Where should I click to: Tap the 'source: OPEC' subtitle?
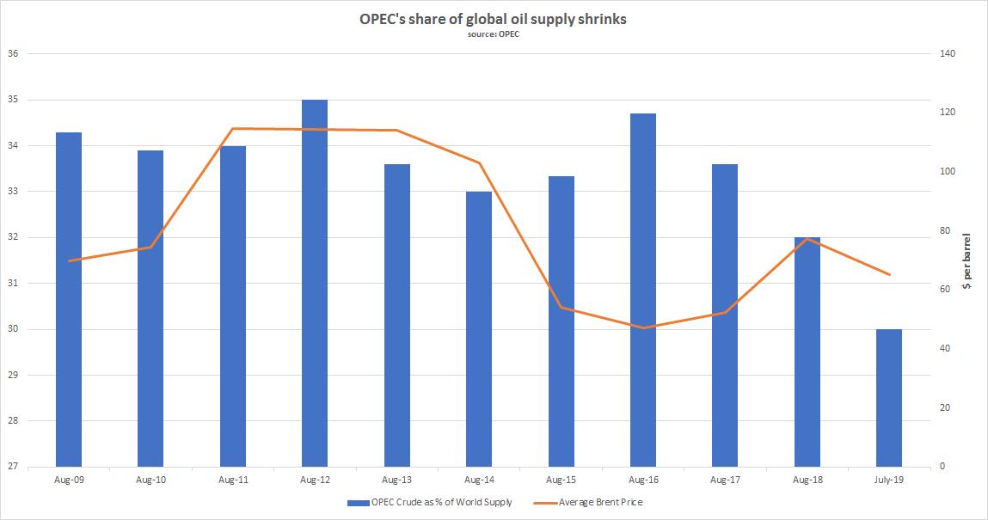point(493,35)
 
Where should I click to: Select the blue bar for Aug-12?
point(315,284)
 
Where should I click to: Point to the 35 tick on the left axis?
point(13,100)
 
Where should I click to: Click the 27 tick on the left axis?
point(13,467)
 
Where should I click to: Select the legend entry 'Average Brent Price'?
point(600,503)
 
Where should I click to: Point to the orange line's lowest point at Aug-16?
point(643,327)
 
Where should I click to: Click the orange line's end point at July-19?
point(889,274)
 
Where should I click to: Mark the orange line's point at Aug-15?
point(561,307)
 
